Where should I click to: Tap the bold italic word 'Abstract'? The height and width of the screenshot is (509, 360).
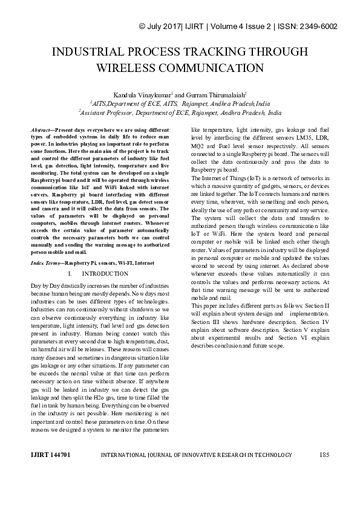click(42, 130)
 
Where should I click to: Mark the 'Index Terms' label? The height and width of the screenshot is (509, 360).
click(46, 264)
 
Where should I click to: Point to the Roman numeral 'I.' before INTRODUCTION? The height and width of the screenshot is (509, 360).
click(70, 274)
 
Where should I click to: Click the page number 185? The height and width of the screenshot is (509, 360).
click(324, 471)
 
